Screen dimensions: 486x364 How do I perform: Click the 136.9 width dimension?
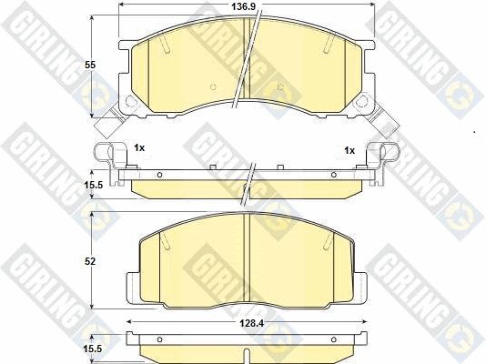click(244, 6)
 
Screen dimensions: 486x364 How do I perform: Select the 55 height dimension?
click(90, 65)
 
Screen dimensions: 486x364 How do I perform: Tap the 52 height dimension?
click(90, 262)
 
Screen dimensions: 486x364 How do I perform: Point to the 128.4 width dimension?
click(252, 323)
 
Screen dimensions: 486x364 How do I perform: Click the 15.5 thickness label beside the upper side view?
click(93, 185)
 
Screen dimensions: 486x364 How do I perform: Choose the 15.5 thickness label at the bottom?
click(93, 349)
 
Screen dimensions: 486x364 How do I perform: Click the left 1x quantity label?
click(139, 148)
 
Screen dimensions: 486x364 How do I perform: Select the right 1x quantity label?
click(349, 150)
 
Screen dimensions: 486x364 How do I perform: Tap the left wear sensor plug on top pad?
click(109, 122)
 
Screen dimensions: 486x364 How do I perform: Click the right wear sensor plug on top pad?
click(385, 122)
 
